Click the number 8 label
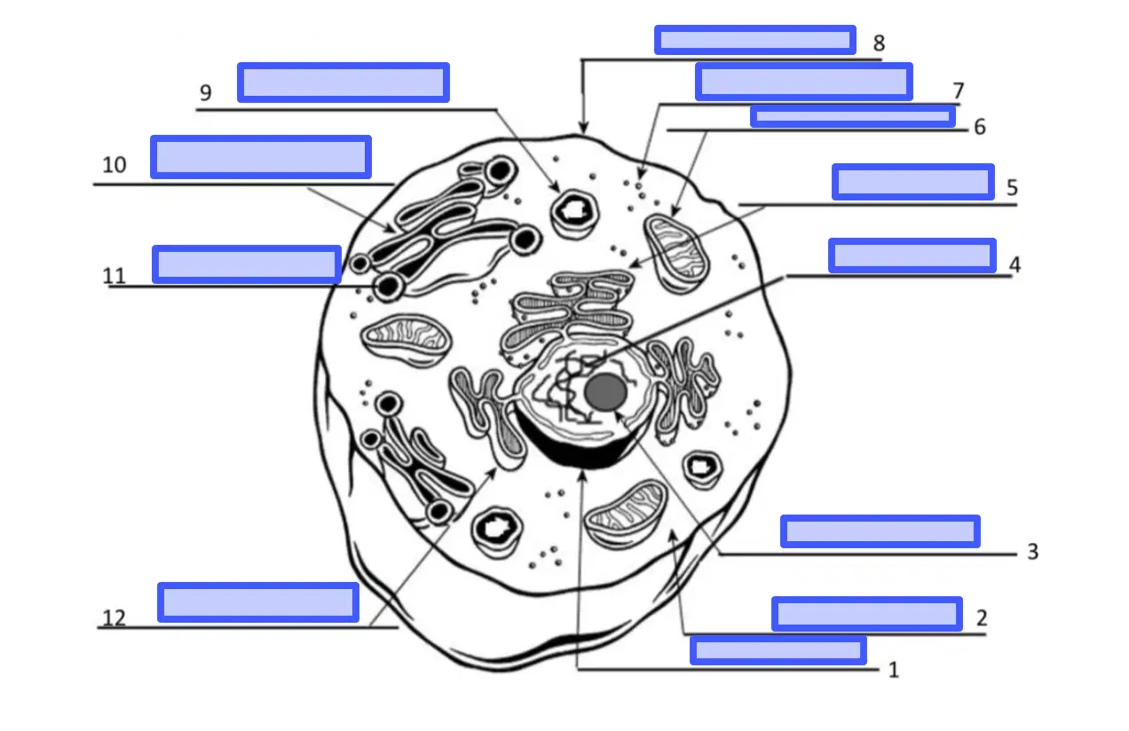pyautogui.click(x=879, y=43)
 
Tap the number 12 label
pyautogui.click(x=114, y=617)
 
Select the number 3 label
pyautogui.click(x=1033, y=552)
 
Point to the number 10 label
pyautogui.click(x=114, y=165)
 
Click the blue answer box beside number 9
pyautogui.click(x=343, y=83)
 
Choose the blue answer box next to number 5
pyautogui.click(x=912, y=181)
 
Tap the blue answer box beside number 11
pyautogui.click(x=247, y=264)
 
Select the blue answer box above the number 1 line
pyautogui.click(x=778, y=650)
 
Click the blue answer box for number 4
pyautogui.click(x=912, y=255)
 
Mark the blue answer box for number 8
pyautogui.click(x=755, y=40)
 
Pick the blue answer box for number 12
pyautogui.click(x=258, y=602)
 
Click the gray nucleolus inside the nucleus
pyautogui.click(x=606, y=391)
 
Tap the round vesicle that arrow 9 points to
pyautogui.click(x=574, y=214)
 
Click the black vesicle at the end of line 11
pyautogui.click(x=388, y=287)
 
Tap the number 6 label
pyautogui.click(x=980, y=127)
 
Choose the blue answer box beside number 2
pyautogui.click(x=867, y=614)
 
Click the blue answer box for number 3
pyautogui.click(x=880, y=531)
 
